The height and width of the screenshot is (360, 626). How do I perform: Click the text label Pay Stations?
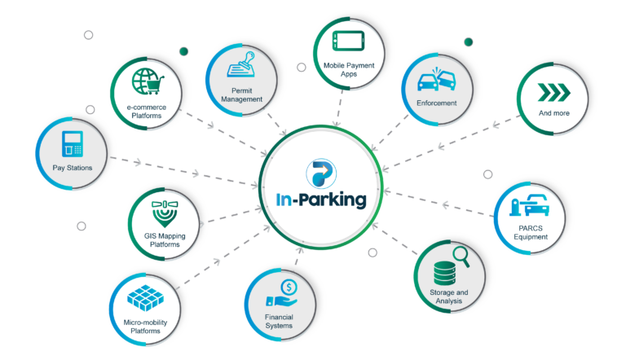[72, 168]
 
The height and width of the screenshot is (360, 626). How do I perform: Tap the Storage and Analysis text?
[448, 296]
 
